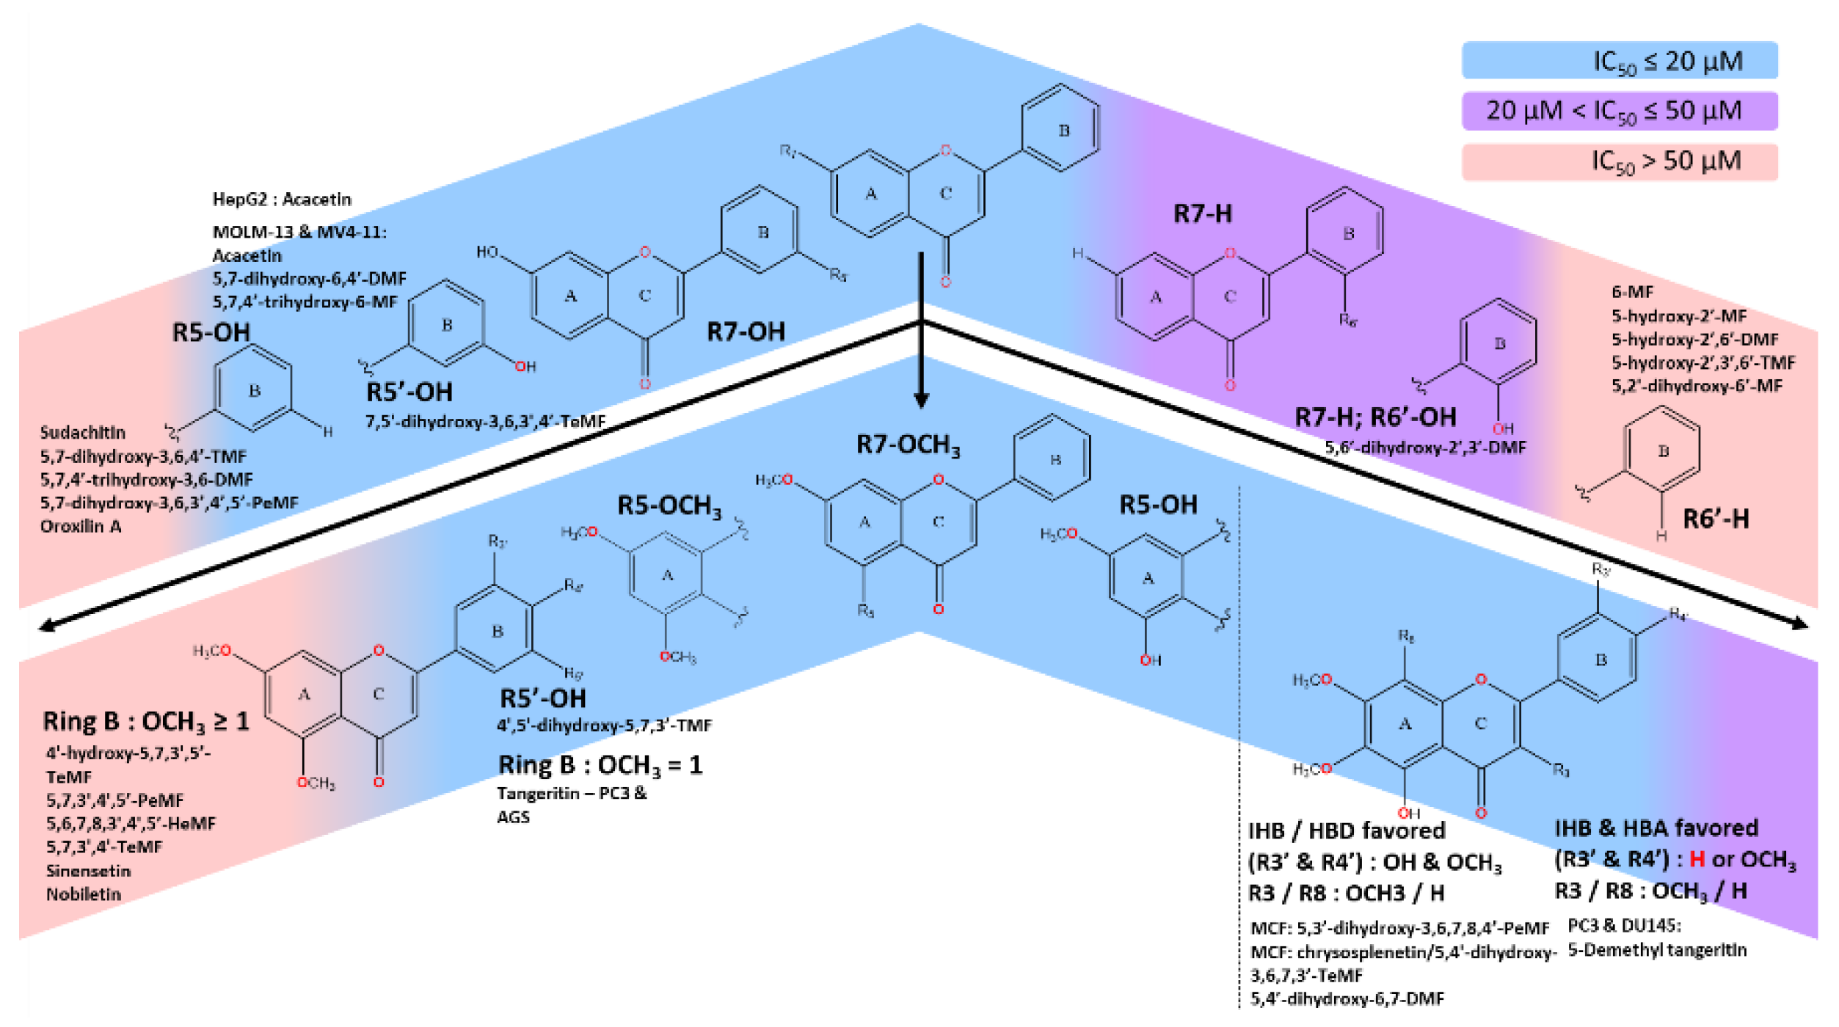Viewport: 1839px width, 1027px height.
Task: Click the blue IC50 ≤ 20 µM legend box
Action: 1619,60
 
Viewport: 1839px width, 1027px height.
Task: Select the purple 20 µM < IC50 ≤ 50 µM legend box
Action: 1619,111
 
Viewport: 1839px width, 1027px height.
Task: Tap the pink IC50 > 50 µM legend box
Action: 1619,161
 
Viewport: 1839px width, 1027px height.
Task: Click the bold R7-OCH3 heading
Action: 908,445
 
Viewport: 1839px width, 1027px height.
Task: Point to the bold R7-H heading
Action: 1202,213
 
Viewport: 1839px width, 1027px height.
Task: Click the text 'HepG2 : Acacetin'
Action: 282,200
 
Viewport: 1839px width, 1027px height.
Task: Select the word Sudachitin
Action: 82,433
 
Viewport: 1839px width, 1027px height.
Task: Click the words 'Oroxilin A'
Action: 81,527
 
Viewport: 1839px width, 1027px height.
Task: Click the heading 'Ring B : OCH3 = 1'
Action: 600,766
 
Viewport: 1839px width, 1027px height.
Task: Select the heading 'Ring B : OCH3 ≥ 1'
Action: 146,722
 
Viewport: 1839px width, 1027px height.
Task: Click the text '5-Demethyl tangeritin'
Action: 1657,951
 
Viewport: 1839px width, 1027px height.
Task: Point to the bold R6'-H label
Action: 1716,519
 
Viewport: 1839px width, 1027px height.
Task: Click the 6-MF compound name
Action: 1632,292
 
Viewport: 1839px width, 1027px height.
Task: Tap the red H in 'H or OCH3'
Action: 1697,859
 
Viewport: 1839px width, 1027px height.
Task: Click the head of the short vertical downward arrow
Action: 921,401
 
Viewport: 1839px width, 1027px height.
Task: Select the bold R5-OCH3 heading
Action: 669,506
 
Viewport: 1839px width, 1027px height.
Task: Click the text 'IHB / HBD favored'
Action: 1346,831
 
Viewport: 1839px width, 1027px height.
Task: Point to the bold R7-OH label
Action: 746,332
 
